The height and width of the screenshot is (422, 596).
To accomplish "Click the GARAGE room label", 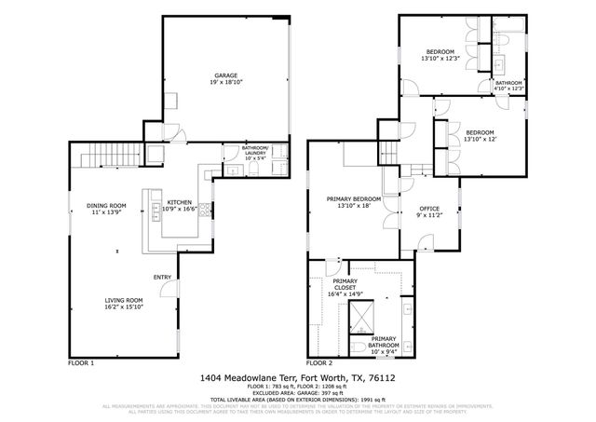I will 225,75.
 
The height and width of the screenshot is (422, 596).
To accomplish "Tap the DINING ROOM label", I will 106,205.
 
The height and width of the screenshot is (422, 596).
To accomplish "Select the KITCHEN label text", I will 179,202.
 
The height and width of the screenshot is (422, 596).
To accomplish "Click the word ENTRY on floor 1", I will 162,277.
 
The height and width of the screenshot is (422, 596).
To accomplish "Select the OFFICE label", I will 428,208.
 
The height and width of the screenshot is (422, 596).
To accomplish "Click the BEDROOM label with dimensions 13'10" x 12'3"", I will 440,51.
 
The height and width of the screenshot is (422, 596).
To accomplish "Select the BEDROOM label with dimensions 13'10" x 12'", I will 480,132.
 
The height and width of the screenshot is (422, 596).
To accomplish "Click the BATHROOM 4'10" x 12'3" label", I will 508,83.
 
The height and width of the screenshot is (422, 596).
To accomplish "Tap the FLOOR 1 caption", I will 82,361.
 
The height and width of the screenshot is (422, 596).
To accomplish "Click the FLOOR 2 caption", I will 319,361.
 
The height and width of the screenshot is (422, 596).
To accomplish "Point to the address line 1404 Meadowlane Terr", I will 297,378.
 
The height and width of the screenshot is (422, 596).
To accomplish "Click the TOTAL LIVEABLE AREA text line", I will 297,401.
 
